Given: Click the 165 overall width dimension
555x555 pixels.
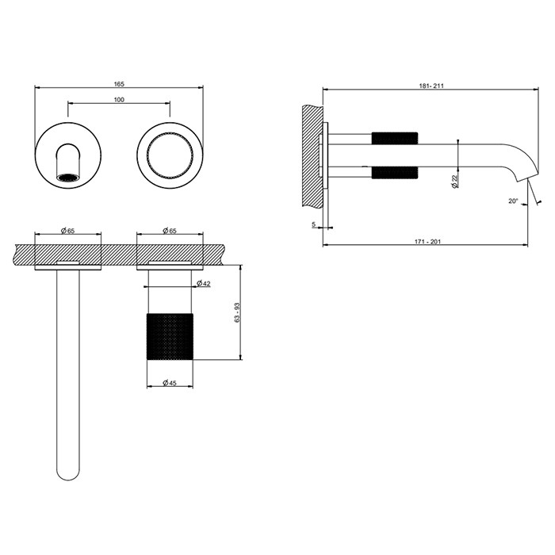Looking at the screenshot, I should (x=119, y=83).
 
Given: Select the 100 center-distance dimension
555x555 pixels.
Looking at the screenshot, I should (x=119, y=100).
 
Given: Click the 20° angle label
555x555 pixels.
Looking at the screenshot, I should (x=514, y=201).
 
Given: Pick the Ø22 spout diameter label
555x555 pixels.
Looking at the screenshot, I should (x=454, y=180).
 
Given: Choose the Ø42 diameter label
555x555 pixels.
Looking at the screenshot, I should (x=204, y=283).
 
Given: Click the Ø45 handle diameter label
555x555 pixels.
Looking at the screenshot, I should (x=170, y=383).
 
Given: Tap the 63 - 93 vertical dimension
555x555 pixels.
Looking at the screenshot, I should (x=235, y=312).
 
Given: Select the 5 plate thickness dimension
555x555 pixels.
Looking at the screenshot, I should (x=314, y=225).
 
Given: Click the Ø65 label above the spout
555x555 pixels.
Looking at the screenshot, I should (x=67, y=231).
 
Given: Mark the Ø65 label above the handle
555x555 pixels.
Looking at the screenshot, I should (x=170, y=231).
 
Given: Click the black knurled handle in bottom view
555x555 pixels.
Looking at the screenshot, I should (x=170, y=336).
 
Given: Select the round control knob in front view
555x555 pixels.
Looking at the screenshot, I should (x=170, y=151).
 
